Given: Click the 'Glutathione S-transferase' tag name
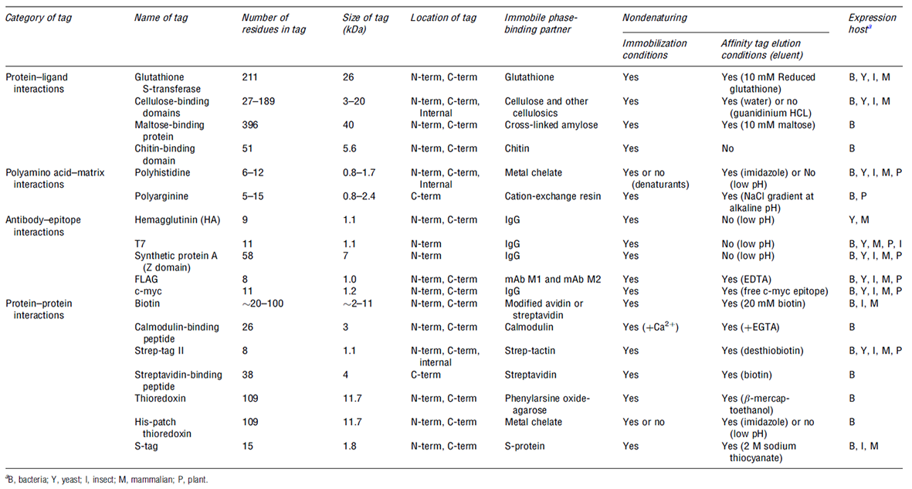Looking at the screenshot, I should (x=165, y=83).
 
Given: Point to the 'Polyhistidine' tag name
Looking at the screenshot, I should (x=159, y=172).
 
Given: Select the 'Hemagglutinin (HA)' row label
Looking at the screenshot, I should (x=176, y=220).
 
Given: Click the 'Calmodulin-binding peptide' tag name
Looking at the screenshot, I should (x=168, y=332).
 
